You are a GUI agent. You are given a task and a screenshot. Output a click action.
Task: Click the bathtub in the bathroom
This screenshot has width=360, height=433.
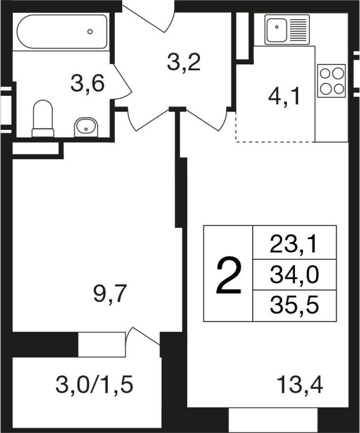click(x=62, y=32)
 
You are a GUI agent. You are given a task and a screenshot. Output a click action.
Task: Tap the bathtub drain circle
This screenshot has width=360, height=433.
click(x=90, y=31)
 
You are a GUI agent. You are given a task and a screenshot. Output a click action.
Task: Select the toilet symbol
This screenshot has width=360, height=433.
click(x=43, y=119)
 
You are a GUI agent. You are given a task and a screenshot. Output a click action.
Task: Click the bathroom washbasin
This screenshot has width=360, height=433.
click(x=86, y=127)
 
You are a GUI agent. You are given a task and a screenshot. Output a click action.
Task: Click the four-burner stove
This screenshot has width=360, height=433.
click(x=331, y=81)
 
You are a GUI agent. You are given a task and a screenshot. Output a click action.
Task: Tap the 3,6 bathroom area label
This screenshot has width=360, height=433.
click(x=87, y=84)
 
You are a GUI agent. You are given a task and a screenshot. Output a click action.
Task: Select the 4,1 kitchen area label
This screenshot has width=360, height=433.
click(x=284, y=97)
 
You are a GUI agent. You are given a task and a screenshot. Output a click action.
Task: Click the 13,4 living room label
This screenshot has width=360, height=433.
click(x=300, y=385)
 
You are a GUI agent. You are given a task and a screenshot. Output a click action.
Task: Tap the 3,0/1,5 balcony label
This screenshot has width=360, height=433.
click(x=94, y=385)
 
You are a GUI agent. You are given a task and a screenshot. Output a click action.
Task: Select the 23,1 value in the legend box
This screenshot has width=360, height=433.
click(x=293, y=245)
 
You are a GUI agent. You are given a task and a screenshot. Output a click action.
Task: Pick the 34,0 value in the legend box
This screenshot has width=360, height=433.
click(x=295, y=275)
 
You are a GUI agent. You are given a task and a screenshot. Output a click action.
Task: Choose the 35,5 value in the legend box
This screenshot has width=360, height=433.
click(x=295, y=306)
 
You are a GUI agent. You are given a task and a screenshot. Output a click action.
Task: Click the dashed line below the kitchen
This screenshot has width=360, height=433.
click(x=275, y=142)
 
